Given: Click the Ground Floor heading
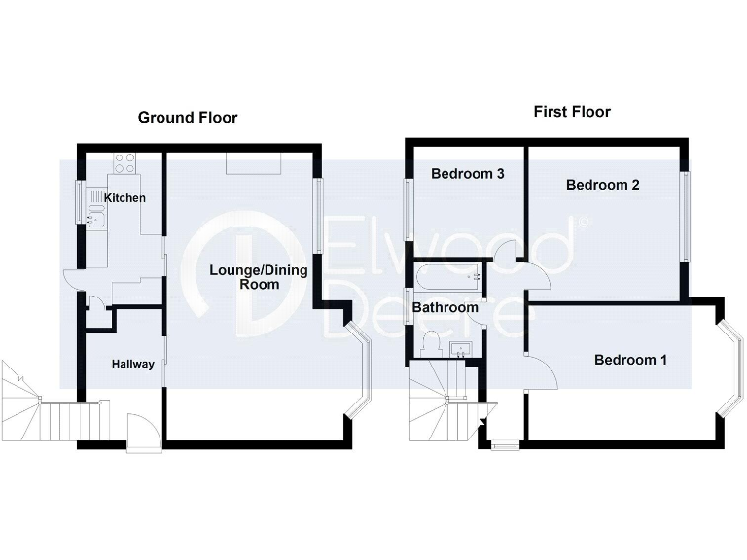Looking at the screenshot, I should (187, 118).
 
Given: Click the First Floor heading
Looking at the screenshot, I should (572, 112).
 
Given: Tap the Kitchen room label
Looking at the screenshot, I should (125, 198).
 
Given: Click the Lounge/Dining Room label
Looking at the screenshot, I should (259, 277).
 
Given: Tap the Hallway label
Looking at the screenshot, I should (132, 365).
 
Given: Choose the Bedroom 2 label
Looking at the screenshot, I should (602, 185).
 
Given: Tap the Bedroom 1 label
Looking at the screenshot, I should (630, 360).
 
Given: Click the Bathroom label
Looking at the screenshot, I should (445, 308).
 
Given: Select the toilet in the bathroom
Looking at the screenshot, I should (431, 343).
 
